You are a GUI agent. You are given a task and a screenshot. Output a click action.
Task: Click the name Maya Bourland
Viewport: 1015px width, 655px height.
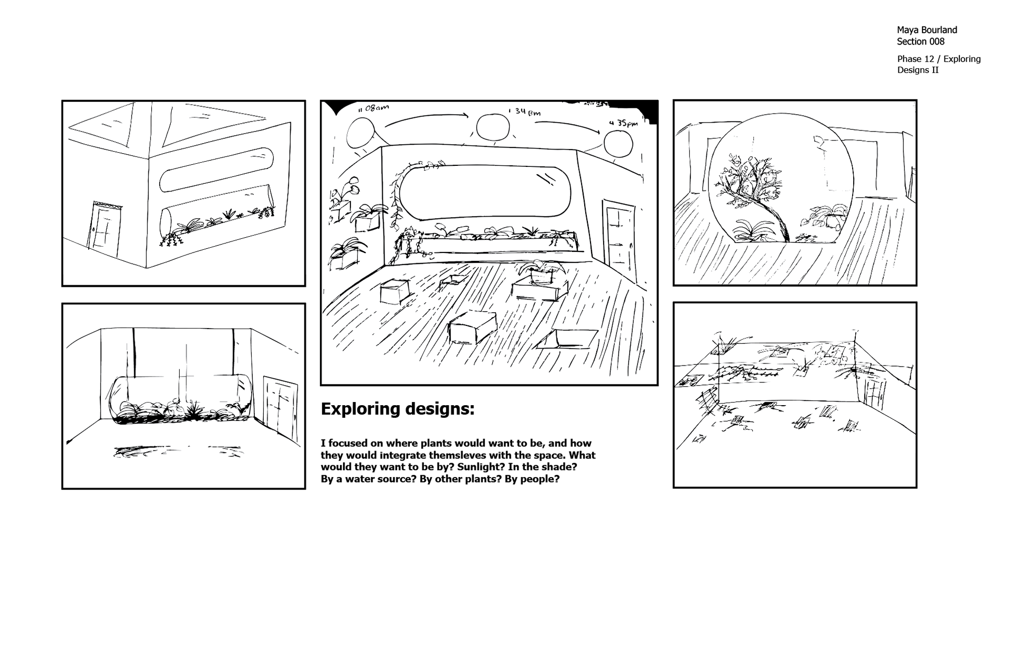tap(927, 30)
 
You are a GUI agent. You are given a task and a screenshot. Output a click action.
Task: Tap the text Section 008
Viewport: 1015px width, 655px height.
tap(920, 42)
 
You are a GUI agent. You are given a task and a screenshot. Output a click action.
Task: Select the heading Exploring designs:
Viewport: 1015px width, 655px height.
tap(398, 409)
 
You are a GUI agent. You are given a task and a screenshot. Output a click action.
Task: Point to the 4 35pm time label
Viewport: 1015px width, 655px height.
tap(623, 123)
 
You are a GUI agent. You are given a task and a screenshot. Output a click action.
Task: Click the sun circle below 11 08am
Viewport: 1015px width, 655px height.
tap(360, 133)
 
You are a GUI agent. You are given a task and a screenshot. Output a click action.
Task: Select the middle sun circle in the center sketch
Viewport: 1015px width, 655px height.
tap(493, 127)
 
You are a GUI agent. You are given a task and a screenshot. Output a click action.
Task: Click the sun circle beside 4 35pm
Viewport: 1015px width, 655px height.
tap(618, 144)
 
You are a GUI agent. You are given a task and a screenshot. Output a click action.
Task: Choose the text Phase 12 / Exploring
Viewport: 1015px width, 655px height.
tap(938, 59)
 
